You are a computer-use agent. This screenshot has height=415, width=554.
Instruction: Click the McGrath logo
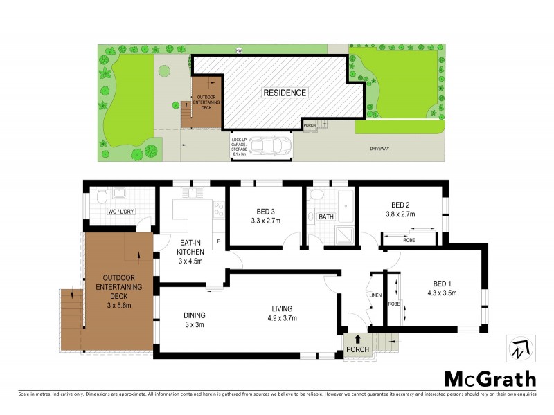(490, 379)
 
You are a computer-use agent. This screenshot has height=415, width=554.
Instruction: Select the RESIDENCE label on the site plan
(284, 92)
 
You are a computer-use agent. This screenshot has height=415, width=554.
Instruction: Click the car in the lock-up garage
(266, 146)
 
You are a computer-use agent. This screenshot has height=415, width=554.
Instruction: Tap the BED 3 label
(264, 211)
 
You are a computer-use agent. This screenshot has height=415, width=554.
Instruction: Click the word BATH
(326, 217)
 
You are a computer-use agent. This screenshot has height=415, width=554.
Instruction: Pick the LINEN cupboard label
(375, 295)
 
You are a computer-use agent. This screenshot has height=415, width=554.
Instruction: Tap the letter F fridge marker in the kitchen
(220, 241)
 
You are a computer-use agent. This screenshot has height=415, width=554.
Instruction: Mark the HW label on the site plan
(239, 50)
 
